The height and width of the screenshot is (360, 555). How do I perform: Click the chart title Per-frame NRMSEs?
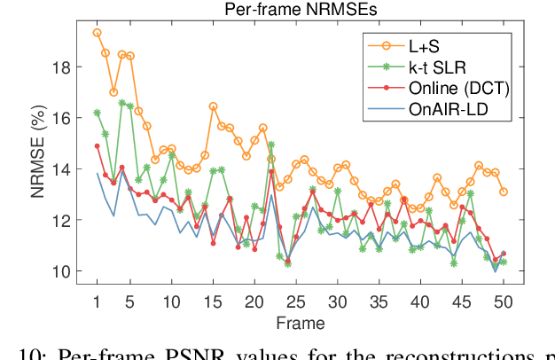click(300, 11)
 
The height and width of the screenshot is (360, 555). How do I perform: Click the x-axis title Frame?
click(300, 321)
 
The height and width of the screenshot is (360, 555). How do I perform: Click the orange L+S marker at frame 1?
click(97, 32)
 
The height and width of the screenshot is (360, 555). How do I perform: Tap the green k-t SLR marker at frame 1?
click(97, 113)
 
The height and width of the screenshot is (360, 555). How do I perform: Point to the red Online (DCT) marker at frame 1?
click(97, 145)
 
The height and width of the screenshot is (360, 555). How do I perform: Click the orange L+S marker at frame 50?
click(504, 192)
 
